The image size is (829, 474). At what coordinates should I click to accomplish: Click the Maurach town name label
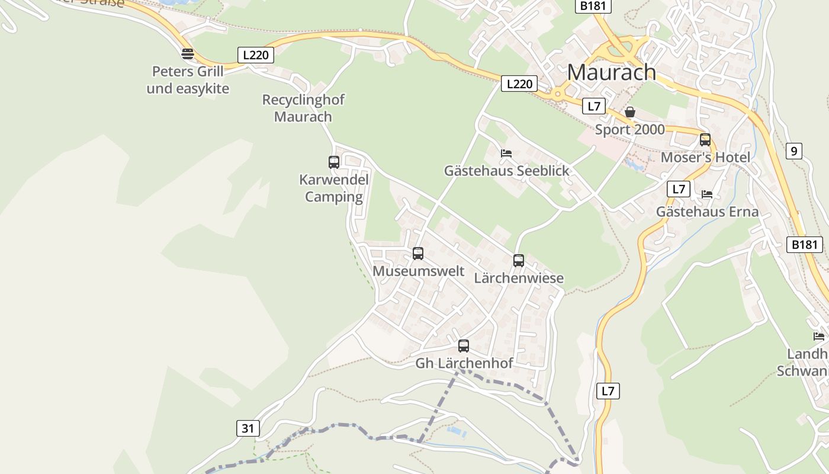(x=611, y=72)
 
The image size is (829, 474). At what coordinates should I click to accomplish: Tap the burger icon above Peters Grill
(x=188, y=54)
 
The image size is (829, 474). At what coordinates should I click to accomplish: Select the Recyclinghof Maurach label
(x=303, y=108)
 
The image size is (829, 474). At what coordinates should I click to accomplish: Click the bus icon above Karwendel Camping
(x=334, y=162)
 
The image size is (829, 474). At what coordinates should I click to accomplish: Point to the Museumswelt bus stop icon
(x=418, y=254)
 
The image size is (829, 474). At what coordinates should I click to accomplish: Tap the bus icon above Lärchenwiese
(x=519, y=260)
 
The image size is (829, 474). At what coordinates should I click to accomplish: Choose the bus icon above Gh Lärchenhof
(x=464, y=345)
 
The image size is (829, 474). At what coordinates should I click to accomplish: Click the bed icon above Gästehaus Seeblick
(x=506, y=153)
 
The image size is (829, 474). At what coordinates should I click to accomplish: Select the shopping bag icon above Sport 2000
(x=630, y=112)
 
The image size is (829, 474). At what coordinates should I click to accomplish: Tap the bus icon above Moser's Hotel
(x=705, y=140)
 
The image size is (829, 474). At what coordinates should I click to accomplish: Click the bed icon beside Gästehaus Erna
(x=707, y=194)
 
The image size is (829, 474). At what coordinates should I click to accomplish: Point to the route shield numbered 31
(x=248, y=428)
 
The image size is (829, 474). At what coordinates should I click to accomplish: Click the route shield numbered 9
(x=794, y=151)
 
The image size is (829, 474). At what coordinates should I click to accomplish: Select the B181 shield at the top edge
(x=593, y=6)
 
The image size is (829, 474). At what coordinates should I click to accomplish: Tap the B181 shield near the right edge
(x=804, y=244)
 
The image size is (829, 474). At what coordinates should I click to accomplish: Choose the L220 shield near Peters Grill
(x=256, y=55)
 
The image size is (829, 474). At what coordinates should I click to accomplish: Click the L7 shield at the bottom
(x=608, y=390)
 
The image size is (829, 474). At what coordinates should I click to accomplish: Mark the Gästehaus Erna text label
(x=707, y=212)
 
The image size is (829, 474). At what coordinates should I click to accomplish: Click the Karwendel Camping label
(x=334, y=188)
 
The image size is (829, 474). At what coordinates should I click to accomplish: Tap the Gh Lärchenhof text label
(x=464, y=363)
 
